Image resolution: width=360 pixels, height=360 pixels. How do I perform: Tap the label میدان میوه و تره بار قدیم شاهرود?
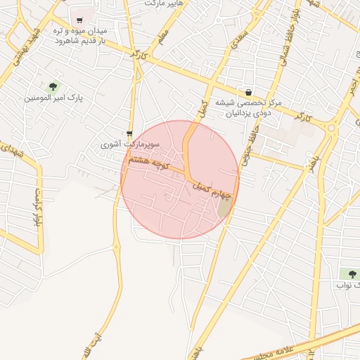click(81, 37)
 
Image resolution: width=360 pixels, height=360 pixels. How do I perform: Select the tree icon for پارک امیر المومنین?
click(53, 86)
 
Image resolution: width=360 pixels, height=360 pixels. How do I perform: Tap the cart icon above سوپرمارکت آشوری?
click(130, 134)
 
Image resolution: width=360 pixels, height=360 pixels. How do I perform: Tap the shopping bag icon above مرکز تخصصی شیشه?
click(248, 92)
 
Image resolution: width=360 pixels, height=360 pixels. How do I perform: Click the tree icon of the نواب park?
click(349, 273)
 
